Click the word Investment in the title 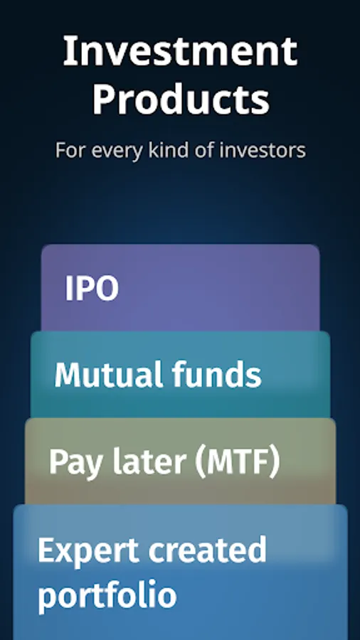180,52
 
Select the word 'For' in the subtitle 66,151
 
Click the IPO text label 92,289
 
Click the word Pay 71,463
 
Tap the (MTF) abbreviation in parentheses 234,462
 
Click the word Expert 86,552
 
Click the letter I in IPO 70,289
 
